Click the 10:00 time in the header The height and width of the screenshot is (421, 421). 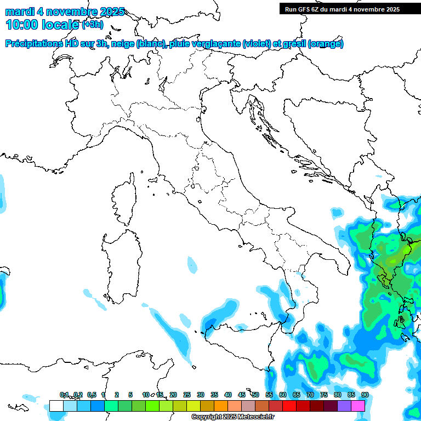click(x=21, y=25)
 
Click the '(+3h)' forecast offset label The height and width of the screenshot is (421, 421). click(x=92, y=25)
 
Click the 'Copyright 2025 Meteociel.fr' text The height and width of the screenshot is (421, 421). click(x=233, y=417)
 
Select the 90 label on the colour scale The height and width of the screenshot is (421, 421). click(x=365, y=395)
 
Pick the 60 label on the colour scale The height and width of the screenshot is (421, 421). click(x=282, y=395)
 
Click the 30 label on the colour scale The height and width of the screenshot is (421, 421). click(x=200, y=395)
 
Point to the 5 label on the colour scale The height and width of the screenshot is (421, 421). click(x=130, y=395)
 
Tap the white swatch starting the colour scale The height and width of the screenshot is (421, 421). click(x=56, y=406)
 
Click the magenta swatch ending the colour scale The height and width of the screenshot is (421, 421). click(x=358, y=406)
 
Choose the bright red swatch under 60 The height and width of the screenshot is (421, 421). click(x=289, y=406)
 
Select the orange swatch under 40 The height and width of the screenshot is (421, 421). click(x=221, y=406)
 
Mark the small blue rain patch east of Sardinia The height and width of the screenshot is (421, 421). click(x=191, y=264)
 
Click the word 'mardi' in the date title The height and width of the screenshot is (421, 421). click(x=19, y=12)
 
